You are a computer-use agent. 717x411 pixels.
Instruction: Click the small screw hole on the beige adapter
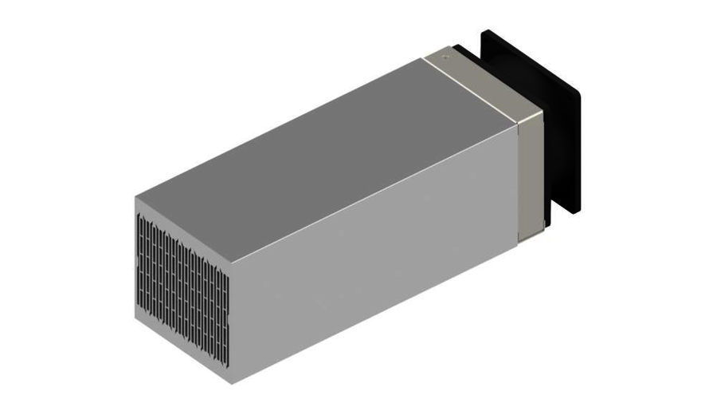click(x=446, y=56)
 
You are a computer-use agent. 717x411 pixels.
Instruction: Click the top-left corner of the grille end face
click(x=135, y=196)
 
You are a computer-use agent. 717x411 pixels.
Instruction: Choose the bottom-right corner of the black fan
click(x=579, y=209)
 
